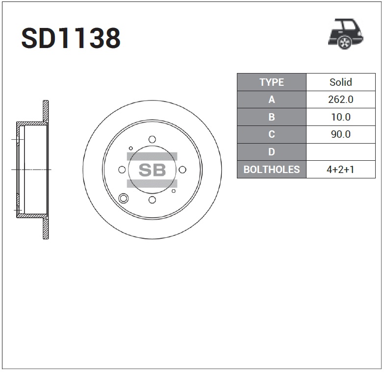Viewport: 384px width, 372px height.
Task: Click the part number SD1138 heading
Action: coord(71,38)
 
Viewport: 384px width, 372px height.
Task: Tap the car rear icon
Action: coord(346,34)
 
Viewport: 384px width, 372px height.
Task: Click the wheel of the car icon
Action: coord(345,43)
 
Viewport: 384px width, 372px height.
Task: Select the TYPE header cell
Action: coord(272,82)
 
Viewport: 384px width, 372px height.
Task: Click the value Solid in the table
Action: coord(341,82)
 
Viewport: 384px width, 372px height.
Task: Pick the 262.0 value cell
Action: coord(341,99)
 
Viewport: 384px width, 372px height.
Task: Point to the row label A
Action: coord(272,99)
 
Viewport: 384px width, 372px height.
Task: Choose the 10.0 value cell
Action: coord(341,117)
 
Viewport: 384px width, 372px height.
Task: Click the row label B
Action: coord(272,117)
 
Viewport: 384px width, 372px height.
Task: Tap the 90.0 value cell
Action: coord(341,134)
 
